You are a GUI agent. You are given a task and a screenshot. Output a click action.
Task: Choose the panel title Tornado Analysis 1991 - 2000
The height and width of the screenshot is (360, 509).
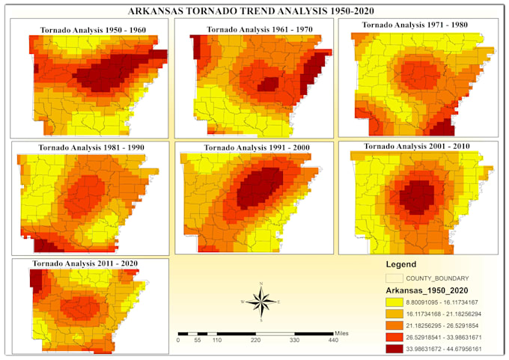tap(251, 147)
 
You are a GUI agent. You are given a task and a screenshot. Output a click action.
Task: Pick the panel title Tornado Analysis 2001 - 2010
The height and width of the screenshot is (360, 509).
tap(417, 145)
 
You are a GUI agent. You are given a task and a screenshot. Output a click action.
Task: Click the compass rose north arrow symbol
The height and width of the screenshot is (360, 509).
tap(260, 301)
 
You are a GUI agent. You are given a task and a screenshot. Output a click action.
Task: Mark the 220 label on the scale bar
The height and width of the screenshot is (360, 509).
tap(254, 340)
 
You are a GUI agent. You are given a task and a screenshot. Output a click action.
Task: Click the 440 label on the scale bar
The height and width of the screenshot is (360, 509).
tap(333, 340)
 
